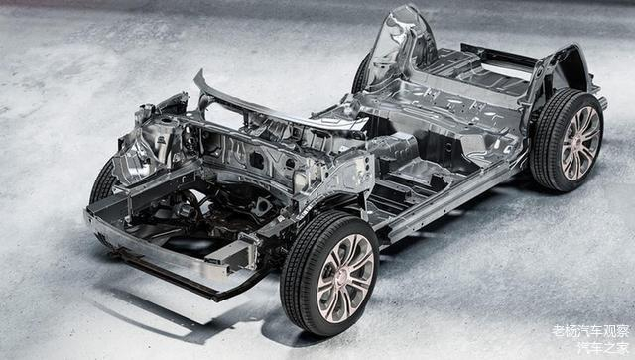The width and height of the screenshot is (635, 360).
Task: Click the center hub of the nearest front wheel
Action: click(345, 279)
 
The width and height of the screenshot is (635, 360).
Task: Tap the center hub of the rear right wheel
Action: click(579, 144)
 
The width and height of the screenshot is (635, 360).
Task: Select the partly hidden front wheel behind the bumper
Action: click(102, 183)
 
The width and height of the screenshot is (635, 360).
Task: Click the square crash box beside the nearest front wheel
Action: click(233, 254)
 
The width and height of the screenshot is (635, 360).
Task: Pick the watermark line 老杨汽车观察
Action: click(590, 331)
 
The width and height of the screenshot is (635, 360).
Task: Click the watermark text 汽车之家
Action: click(603, 348)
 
